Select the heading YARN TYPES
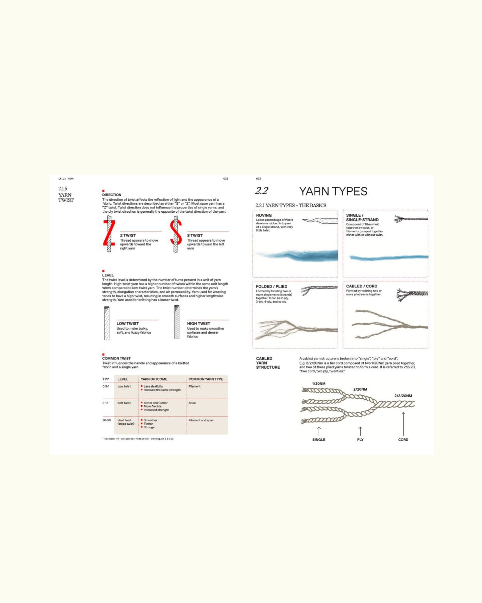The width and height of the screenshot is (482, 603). click(333, 191)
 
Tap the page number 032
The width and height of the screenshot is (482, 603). click(225, 179)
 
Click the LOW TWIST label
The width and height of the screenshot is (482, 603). click(127, 323)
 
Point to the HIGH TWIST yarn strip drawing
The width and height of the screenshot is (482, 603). click(177, 322)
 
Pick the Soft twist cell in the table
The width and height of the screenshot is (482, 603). click(124, 403)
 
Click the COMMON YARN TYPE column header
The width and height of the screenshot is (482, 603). click(205, 379)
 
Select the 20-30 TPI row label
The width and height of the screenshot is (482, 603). click(107, 420)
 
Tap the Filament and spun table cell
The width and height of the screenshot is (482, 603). click(201, 420)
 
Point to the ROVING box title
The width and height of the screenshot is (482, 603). click(264, 215)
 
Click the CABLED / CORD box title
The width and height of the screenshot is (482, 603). click(362, 286)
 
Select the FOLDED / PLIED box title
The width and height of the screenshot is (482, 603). click(271, 286)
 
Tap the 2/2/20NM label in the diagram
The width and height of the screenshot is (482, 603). click(403, 396)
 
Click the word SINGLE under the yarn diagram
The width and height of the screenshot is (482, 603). click(319, 439)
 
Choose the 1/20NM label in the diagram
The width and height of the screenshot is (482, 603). click(319, 384)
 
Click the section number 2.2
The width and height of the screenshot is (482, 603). click(262, 191)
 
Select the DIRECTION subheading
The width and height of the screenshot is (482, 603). click(112, 195)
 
